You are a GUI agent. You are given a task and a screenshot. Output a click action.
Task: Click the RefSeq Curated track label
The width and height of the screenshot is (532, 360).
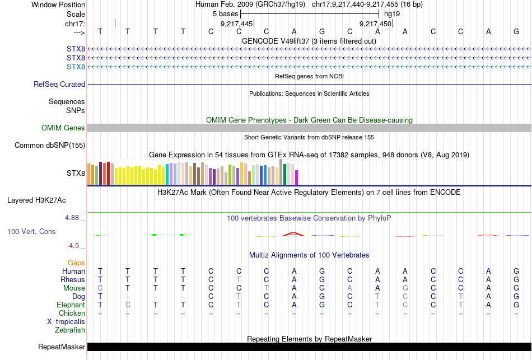coord(59,84)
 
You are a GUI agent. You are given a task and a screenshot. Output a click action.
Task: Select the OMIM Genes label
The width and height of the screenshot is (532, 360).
coord(63,128)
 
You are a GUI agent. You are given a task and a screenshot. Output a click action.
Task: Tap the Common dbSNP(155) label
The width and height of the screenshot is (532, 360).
coord(49,146)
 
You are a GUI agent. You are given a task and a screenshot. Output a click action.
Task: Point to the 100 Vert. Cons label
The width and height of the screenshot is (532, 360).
coord(31,231)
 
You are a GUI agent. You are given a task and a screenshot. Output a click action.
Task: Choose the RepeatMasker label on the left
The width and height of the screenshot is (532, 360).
coord(62,347)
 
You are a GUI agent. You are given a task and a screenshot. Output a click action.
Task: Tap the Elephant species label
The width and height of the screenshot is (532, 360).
coord(71,305)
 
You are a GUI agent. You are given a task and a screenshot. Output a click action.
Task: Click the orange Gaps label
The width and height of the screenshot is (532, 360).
coord(76,263)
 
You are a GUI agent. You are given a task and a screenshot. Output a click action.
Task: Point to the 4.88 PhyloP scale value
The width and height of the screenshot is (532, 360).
coord(76,218)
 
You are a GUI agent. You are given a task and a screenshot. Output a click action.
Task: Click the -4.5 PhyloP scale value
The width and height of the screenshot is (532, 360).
coord(76,245)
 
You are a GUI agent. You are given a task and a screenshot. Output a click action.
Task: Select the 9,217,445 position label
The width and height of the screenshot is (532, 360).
coord(236,24)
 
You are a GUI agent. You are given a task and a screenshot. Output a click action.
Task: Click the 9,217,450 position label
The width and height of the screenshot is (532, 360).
coord(375,24)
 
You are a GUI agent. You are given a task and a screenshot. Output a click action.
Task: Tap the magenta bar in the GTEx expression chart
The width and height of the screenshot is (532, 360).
coord(297,177)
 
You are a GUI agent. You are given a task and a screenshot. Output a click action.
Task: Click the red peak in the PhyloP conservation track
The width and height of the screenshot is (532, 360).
coord(293,233)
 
